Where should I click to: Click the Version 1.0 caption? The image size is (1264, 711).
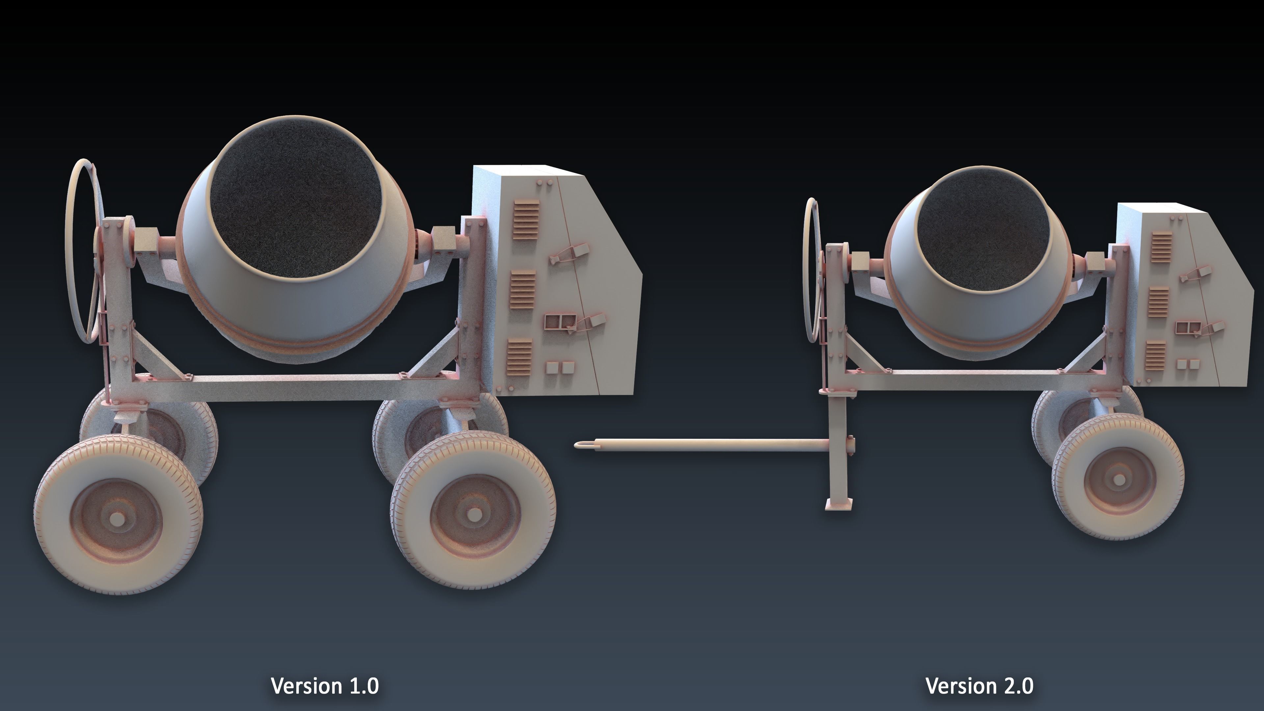tap(325, 685)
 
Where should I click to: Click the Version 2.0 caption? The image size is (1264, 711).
tap(979, 685)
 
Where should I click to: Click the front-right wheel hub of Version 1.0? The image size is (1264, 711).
tap(474, 514)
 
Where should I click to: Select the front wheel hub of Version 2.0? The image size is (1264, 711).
tap(1119, 479)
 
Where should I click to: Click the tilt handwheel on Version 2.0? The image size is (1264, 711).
tap(811, 270)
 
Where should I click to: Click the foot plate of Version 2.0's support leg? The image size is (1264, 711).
tap(839, 504)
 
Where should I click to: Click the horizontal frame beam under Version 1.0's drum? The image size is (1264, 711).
tap(294, 388)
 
